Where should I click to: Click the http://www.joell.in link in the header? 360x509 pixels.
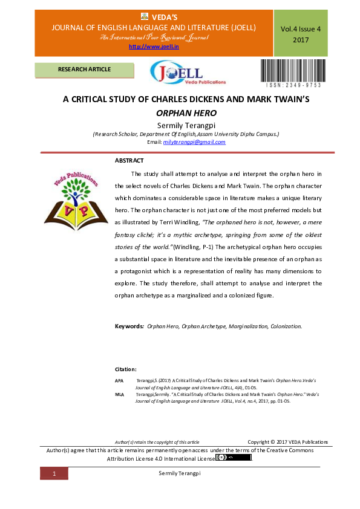[149, 47]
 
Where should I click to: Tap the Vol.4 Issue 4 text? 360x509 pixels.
[301, 28]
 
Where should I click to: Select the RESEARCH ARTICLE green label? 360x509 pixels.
[84, 70]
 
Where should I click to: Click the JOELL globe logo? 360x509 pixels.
[188, 74]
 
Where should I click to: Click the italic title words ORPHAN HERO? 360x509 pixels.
[186, 113]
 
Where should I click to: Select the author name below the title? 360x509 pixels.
[186, 125]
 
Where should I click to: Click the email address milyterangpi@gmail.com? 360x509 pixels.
[194, 142]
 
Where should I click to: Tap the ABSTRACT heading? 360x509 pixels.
[129, 160]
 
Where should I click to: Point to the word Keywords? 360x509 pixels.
[129, 326]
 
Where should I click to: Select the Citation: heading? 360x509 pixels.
[126, 369]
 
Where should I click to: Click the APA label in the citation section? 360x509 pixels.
[119, 380]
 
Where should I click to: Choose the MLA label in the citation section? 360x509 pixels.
[119, 394]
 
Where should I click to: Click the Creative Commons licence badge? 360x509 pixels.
[233, 458]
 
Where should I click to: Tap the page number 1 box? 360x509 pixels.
[54, 474]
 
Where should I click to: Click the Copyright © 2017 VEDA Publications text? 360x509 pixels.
[287, 442]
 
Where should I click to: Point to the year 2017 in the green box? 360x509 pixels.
[301, 40]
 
